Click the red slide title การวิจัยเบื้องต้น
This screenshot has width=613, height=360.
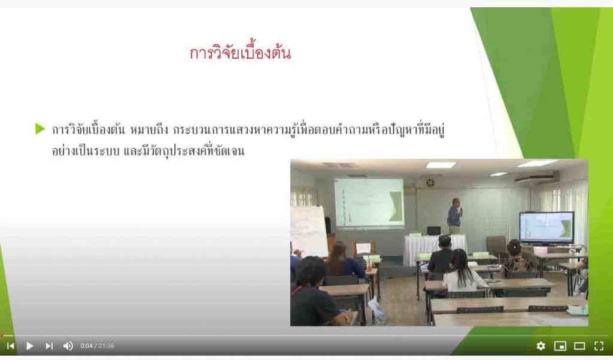pos(240,53)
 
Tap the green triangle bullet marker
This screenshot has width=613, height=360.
pos(40,129)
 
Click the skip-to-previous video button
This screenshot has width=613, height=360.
pos(11,346)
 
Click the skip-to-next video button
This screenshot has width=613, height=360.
pos(49,346)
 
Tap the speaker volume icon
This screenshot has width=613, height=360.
pos(68,346)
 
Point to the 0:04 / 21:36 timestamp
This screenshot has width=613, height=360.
pos(98,346)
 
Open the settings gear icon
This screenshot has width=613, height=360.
pos(541,346)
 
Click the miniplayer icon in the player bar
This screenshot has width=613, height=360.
pos(560,346)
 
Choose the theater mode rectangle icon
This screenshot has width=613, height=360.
pos(579,346)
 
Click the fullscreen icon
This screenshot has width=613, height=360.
pos(599,346)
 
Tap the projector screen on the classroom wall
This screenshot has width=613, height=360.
pos(369,202)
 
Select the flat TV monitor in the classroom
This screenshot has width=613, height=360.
pos(546,228)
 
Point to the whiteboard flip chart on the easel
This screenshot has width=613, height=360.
pos(309,231)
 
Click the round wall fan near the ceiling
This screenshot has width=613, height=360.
pos(430,182)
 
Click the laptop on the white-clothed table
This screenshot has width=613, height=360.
pos(433,231)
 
